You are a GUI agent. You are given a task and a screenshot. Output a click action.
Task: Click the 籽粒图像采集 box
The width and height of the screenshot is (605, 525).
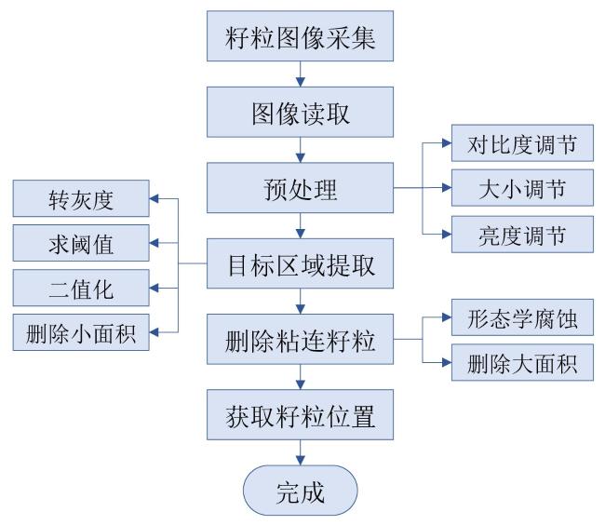tap(300, 36)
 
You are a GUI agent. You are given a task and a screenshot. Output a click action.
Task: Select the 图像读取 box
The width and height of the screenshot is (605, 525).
tap(300, 112)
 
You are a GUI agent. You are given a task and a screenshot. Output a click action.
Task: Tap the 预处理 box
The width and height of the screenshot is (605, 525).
tap(300, 188)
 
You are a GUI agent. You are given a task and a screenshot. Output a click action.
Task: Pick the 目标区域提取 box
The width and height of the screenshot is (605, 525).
tap(300, 263)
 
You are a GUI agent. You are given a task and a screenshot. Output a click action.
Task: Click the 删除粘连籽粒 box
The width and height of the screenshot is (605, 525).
tap(300, 339)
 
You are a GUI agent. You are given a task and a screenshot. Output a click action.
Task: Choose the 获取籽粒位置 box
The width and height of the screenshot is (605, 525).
tap(300, 414)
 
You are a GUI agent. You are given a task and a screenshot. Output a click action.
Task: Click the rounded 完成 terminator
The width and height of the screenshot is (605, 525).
tap(301, 491)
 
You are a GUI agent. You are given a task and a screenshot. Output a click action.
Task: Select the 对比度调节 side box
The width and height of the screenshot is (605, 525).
tap(522, 143)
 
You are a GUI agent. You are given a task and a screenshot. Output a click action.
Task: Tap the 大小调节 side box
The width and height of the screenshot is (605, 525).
tap(522, 188)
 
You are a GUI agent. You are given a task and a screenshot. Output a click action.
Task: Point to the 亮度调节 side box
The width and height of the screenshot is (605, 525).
tap(522, 235)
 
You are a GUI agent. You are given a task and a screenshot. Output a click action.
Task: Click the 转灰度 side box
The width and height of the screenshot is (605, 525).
tap(81, 198)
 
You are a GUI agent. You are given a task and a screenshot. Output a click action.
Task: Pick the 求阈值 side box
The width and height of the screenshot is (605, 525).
tap(81, 243)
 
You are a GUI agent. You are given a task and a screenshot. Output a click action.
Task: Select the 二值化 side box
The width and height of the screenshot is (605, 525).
tap(81, 288)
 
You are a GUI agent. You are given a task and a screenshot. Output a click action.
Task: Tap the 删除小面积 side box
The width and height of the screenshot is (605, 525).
tap(81, 332)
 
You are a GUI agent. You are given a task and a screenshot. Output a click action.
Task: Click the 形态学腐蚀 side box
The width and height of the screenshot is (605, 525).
tap(522, 317)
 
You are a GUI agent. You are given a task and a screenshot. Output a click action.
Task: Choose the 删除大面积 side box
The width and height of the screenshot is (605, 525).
tap(522, 362)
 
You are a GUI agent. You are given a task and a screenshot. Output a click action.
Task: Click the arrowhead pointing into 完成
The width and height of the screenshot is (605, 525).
tap(301, 460)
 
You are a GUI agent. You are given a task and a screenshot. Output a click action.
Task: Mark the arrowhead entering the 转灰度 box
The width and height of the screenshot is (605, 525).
tap(155, 198)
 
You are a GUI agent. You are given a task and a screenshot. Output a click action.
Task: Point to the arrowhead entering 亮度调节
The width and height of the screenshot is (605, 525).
tap(447, 235)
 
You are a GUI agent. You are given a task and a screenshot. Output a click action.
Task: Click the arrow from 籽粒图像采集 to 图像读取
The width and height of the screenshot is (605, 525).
tap(301, 74)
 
